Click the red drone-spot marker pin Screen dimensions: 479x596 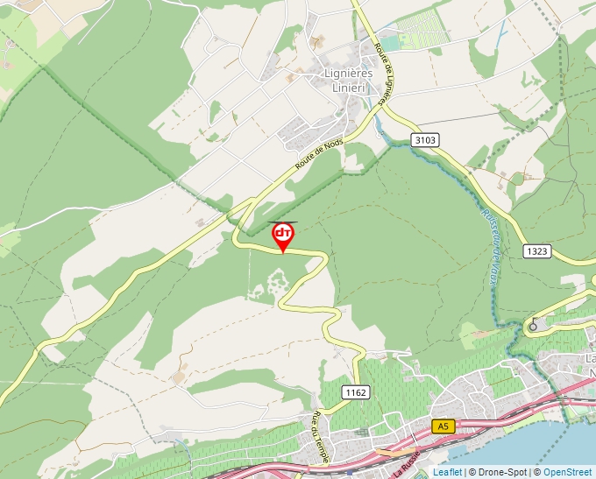coord(282,235)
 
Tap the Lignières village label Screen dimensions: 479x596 coord(348,74)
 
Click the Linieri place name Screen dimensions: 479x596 coord(352,87)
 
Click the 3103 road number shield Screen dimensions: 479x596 coord(424,140)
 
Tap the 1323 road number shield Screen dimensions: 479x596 coord(537,251)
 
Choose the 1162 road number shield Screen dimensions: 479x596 coord(355,391)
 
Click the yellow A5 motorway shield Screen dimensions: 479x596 coord(443,426)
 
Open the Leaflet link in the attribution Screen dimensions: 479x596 coord(447,472)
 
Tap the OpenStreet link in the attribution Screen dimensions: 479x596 coord(568,472)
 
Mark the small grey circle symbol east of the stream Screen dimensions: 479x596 coord(532,327)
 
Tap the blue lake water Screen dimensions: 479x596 coord(570,447)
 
